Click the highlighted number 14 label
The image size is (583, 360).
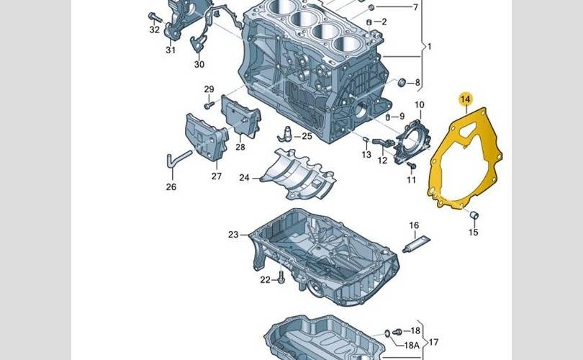tap(465, 99)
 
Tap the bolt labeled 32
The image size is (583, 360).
tap(155, 17)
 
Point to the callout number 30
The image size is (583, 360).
tap(199, 64)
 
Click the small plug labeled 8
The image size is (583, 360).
tap(402, 83)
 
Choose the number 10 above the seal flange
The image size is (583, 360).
tap(419, 105)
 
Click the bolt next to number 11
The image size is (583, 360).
tap(411, 167)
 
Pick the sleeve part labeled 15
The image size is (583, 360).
tap(474, 215)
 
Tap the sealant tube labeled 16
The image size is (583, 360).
tap(417, 244)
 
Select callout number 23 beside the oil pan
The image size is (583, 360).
tap(233, 235)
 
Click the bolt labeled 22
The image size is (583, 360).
tap(281, 277)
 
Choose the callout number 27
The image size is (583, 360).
tap(217, 176)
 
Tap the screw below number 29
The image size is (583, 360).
tap(209, 105)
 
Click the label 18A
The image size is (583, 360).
tap(411, 345)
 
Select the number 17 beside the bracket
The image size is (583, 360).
tap(433, 342)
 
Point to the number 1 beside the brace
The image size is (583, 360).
tap(430, 47)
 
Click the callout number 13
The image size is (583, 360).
tap(366, 154)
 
